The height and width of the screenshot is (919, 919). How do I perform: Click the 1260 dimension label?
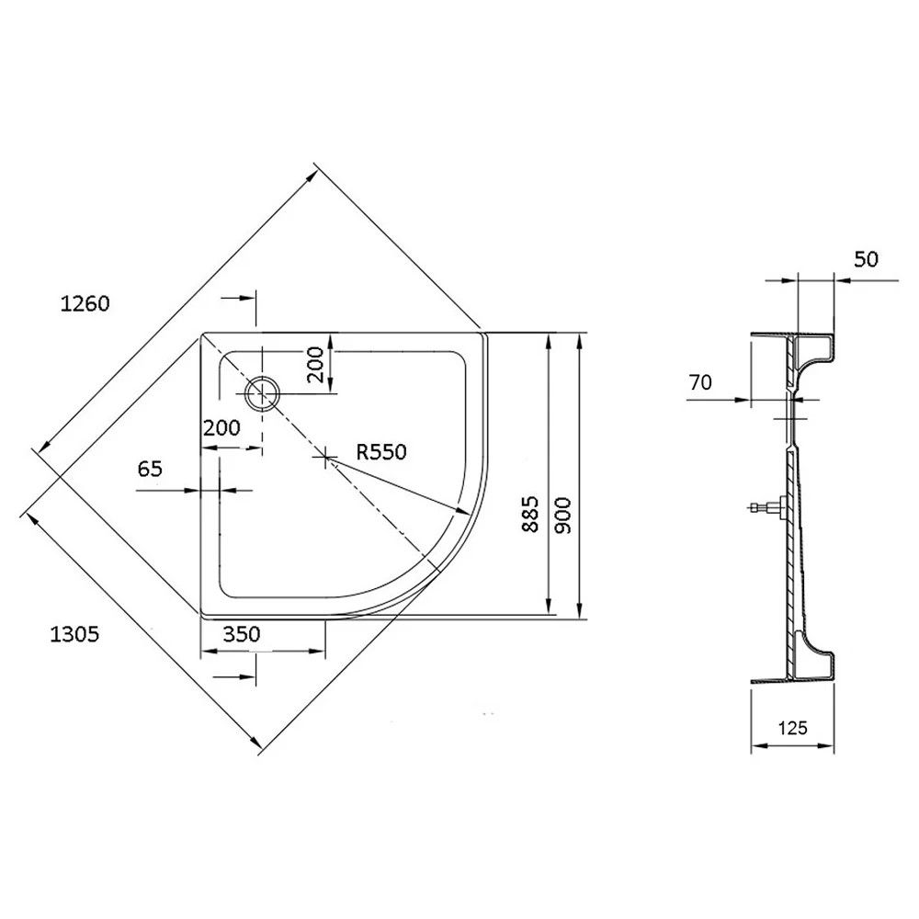85,303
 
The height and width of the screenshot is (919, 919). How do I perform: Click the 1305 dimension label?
74,634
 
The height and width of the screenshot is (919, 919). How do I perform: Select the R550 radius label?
381,452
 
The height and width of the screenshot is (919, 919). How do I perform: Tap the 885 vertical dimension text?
530,514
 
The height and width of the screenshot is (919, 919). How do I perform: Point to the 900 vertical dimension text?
562,516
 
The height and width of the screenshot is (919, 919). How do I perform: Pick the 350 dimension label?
242,633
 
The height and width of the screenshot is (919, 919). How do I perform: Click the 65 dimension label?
150,469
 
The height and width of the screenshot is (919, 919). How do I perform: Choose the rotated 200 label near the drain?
315,364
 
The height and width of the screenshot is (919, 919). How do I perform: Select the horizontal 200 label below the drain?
221,428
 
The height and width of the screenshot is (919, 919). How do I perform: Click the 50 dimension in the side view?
866,259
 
